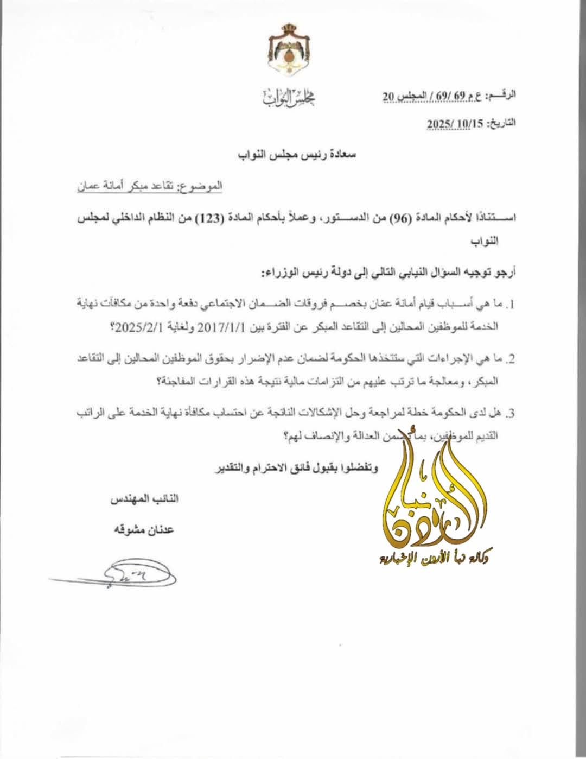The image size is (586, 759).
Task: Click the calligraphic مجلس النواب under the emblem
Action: pos(289,98)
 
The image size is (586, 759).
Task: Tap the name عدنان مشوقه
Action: pos(143,529)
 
